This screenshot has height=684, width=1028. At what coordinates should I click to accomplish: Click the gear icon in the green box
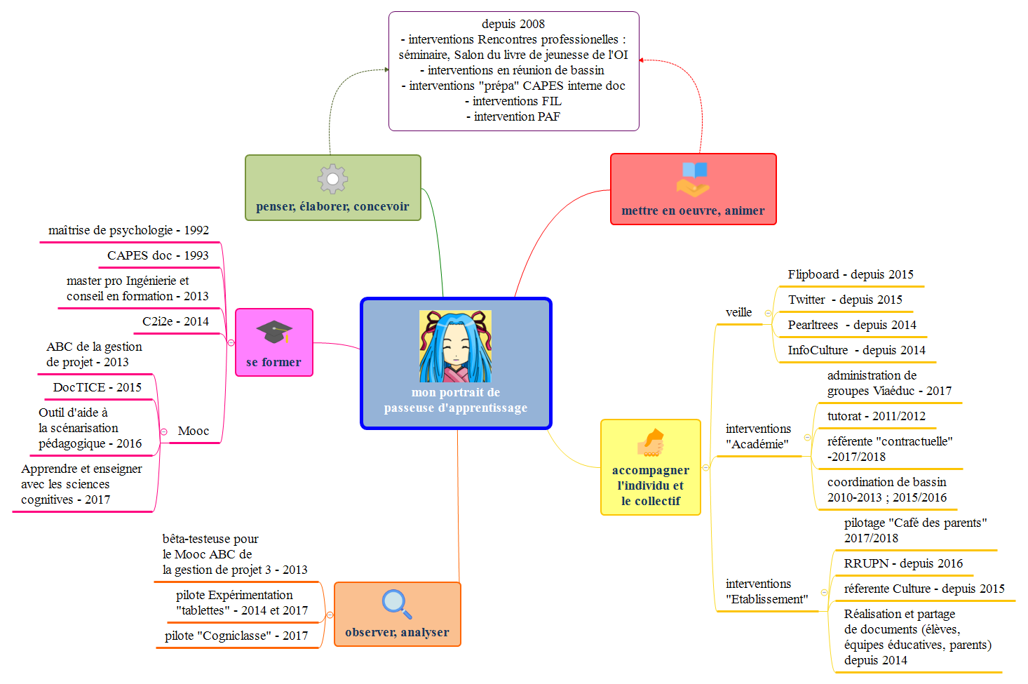click(x=332, y=179)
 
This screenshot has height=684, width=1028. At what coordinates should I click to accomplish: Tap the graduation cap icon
click(x=274, y=332)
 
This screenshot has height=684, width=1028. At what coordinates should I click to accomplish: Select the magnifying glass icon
click(x=397, y=604)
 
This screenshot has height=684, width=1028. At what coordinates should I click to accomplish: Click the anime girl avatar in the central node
click(x=455, y=347)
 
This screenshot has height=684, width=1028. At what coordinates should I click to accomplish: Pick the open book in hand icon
click(x=694, y=179)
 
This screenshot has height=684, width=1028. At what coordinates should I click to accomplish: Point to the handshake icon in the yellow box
click(x=651, y=443)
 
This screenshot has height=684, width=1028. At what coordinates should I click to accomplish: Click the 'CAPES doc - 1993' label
click(x=158, y=255)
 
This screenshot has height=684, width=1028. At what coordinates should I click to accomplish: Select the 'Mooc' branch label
click(x=194, y=431)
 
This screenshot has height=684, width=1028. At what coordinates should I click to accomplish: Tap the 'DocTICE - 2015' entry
click(x=97, y=387)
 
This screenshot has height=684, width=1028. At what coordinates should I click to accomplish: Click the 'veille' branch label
click(x=738, y=312)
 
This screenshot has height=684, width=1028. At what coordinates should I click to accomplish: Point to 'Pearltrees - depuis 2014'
click(x=852, y=325)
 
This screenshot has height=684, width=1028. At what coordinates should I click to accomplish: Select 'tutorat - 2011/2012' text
click(x=877, y=416)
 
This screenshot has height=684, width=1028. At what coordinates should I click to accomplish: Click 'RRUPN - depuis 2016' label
click(x=903, y=563)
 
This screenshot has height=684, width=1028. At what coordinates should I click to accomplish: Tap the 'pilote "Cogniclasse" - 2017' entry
click(x=236, y=636)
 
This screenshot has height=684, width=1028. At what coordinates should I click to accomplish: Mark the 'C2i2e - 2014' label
click(x=175, y=321)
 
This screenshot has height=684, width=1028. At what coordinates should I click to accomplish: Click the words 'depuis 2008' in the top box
click(x=513, y=24)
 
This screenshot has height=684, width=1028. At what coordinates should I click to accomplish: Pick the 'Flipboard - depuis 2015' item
click(x=851, y=274)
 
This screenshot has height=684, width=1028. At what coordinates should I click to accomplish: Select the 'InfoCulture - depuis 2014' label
click(x=856, y=350)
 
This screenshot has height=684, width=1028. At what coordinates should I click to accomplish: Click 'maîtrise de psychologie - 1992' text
click(x=128, y=230)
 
